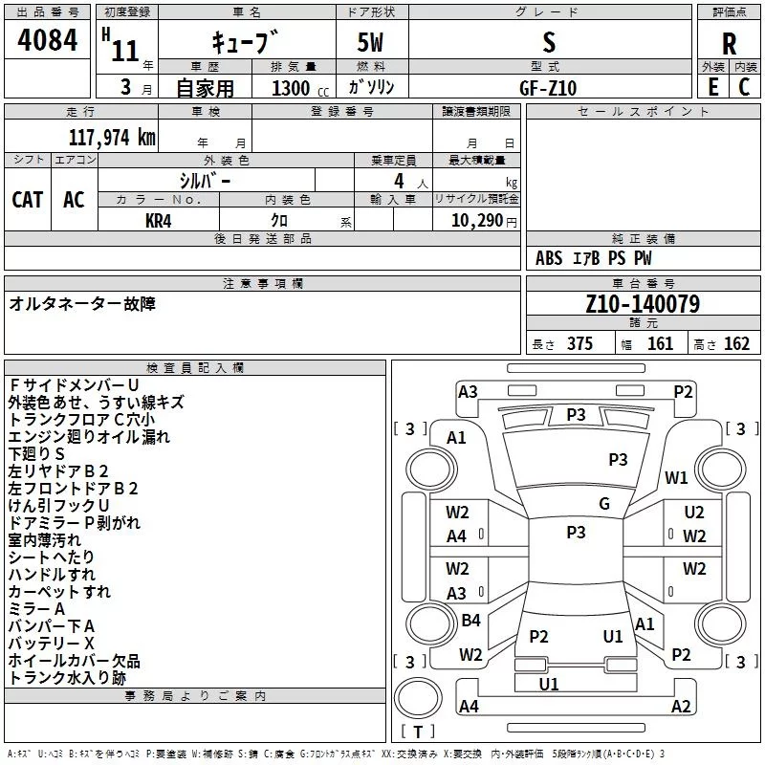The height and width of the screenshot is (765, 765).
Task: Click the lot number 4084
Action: [47, 39]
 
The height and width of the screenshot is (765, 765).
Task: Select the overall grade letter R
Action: [729, 44]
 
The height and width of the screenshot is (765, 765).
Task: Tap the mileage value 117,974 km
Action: [112, 137]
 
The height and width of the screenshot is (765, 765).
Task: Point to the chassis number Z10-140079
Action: [643, 303]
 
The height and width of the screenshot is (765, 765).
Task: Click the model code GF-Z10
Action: [548, 88]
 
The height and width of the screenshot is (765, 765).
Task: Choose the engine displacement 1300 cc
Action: [300, 88]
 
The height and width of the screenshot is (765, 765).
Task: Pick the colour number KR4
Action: [158, 221]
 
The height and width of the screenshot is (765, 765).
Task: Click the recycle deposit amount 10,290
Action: [476, 220]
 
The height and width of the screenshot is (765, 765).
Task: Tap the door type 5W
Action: [370, 42]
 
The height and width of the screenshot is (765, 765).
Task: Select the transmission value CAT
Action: [28, 200]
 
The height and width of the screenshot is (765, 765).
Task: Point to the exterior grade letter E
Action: [712, 87]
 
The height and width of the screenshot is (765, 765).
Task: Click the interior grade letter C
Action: [744, 87]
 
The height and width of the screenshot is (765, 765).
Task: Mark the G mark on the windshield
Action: [604, 503]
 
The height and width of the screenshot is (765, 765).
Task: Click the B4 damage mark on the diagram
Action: [470, 620]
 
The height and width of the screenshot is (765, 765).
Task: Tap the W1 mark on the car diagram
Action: [676, 477]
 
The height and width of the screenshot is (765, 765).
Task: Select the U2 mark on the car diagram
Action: [694, 512]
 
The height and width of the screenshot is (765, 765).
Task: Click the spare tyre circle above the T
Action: [418, 698]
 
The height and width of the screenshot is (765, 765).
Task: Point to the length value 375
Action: [579, 343]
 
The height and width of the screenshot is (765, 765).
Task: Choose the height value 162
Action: [736, 343]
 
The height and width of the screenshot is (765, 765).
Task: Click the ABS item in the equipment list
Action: [549, 257]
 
